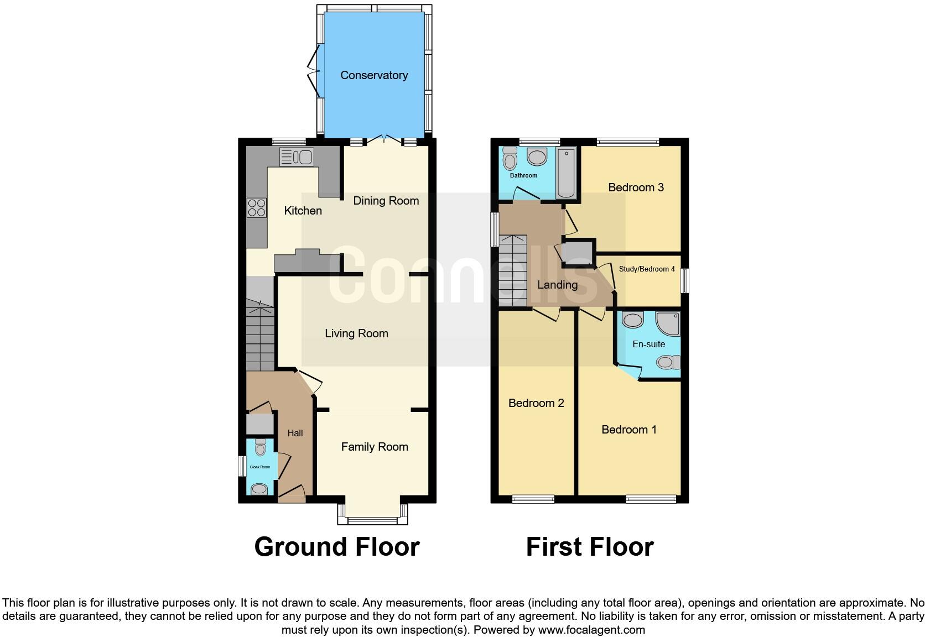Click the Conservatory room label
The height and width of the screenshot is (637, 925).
[x=374, y=75]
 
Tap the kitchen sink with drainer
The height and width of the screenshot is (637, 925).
[x=297, y=157]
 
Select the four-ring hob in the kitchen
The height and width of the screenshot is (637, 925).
[x=256, y=207]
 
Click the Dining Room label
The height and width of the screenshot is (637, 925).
[x=386, y=201]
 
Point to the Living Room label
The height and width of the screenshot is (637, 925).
[x=356, y=333]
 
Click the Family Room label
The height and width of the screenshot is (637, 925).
[x=375, y=447]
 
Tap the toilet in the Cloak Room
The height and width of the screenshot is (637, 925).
[x=261, y=447]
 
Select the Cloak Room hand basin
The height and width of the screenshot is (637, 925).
[x=259, y=489]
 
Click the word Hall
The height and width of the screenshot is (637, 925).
[x=295, y=433]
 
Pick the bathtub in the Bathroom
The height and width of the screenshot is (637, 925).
[x=565, y=173]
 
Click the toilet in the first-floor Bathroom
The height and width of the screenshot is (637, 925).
[x=510, y=160]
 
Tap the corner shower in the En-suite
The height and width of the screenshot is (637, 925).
[x=668, y=324]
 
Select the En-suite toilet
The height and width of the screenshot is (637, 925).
[x=668, y=362]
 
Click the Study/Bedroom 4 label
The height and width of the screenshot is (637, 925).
[x=647, y=269]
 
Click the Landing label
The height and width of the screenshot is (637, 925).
[x=557, y=285]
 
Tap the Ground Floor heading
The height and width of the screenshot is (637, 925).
[x=336, y=547]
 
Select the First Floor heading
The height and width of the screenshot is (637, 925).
[x=589, y=547]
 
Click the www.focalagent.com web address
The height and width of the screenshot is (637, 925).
[x=591, y=630]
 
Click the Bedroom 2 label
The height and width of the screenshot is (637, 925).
[x=536, y=403]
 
